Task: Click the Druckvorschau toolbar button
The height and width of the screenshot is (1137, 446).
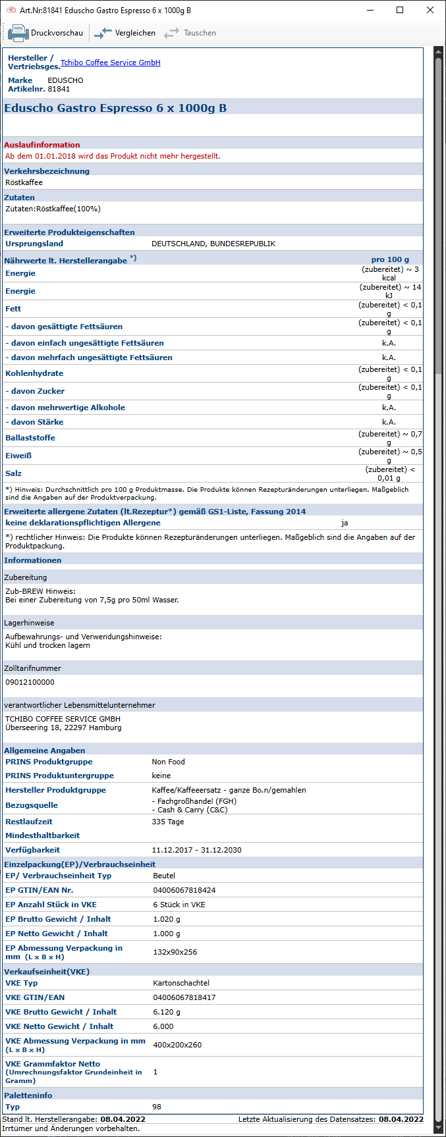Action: click(46, 33)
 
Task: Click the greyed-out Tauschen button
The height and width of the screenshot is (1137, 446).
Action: click(190, 33)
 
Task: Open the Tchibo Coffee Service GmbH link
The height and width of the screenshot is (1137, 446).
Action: click(110, 63)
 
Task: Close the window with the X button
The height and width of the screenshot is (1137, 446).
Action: click(430, 11)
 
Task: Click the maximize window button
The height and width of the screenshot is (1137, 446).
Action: click(400, 11)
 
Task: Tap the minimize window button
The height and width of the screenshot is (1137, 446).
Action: click(370, 11)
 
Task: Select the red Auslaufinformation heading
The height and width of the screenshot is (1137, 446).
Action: click(42, 145)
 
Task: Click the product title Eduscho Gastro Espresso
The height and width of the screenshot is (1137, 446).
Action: click(115, 108)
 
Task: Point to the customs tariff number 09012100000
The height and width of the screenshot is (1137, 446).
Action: click(30, 682)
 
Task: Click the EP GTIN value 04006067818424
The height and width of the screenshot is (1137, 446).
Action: click(184, 890)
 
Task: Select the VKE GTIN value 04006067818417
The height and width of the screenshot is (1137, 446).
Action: click(184, 997)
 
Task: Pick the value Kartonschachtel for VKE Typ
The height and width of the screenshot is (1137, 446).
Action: click(181, 983)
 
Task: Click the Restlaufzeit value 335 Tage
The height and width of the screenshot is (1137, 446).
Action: click(168, 822)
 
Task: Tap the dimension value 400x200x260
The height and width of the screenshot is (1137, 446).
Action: click(177, 1045)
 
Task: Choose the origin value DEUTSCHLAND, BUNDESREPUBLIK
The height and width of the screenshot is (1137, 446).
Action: click(213, 244)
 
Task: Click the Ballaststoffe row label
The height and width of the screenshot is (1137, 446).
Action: click(30, 438)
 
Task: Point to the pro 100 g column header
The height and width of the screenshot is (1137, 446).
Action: click(390, 259)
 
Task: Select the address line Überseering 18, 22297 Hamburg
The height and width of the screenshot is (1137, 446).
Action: click(63, 727)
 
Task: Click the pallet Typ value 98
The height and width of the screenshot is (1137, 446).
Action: click(157, 1107)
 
